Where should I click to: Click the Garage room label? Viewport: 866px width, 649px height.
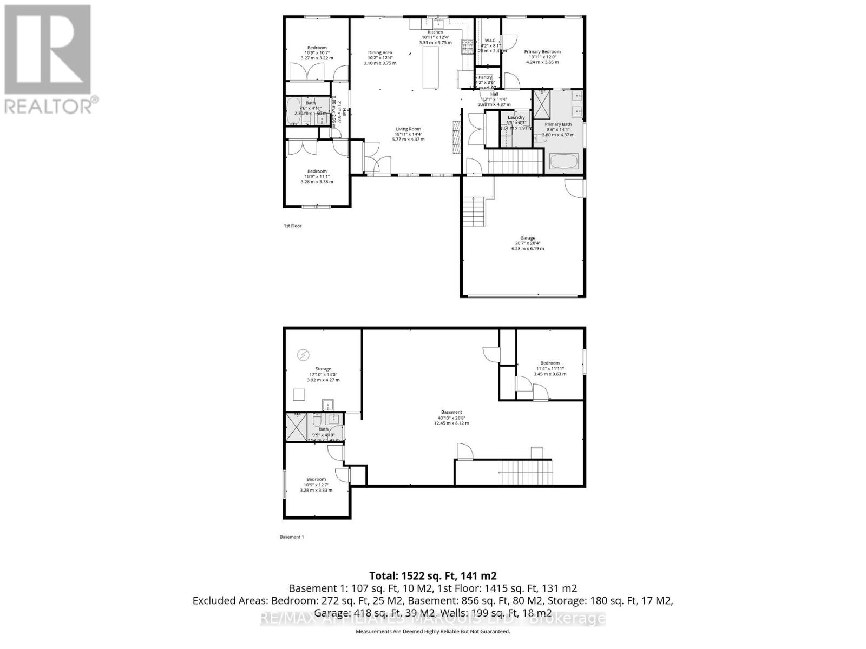[528, 243]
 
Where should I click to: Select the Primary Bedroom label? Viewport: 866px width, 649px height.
[542, 57]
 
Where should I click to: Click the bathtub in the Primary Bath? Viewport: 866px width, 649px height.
[564, 161]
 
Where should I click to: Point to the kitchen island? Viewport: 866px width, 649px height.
[430, 67]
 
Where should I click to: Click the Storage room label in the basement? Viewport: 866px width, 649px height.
[323, 374]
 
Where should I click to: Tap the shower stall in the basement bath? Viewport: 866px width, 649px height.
[297, 427]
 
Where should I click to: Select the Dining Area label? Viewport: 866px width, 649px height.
[380, 58]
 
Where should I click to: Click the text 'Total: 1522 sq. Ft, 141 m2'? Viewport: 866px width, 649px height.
[432, 575]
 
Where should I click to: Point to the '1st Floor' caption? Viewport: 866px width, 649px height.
[292, 226]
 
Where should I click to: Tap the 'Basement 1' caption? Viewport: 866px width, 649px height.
[292, 537]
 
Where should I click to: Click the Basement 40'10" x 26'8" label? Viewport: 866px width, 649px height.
[451, 418]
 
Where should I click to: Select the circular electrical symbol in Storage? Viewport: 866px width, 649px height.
[304, 355]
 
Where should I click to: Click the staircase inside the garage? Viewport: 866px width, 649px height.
[474, 212]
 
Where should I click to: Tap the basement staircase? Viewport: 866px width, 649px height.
[524, 473]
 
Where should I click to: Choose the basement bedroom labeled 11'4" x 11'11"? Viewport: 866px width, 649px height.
[550, 368]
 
